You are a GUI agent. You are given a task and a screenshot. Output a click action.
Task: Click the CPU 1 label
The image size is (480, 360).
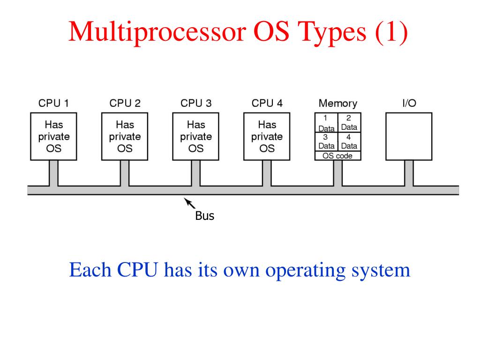point(53,103)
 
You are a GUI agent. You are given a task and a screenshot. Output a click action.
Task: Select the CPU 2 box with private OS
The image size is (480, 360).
point(125,136)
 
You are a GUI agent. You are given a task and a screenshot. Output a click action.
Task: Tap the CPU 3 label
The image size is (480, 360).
point(196,103)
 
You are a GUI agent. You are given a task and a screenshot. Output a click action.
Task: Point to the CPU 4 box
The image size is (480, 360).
point(267,136)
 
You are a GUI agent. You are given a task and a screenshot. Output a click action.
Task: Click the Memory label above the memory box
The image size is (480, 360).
point(337,103)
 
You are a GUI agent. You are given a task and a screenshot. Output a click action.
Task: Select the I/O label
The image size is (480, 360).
point(409,103)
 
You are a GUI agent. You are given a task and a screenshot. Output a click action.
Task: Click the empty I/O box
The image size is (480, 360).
point(409,136)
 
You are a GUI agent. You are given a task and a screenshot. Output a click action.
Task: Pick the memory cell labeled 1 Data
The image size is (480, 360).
point(326,123)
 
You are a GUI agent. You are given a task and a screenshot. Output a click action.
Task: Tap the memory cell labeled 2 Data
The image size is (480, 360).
point(349,123)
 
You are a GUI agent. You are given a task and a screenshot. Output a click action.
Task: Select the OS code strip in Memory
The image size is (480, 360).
point(337,156)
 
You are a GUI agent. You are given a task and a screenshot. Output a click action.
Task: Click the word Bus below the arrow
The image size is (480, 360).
point(204,217)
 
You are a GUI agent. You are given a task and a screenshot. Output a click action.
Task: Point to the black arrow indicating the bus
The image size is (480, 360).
point(189,202)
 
